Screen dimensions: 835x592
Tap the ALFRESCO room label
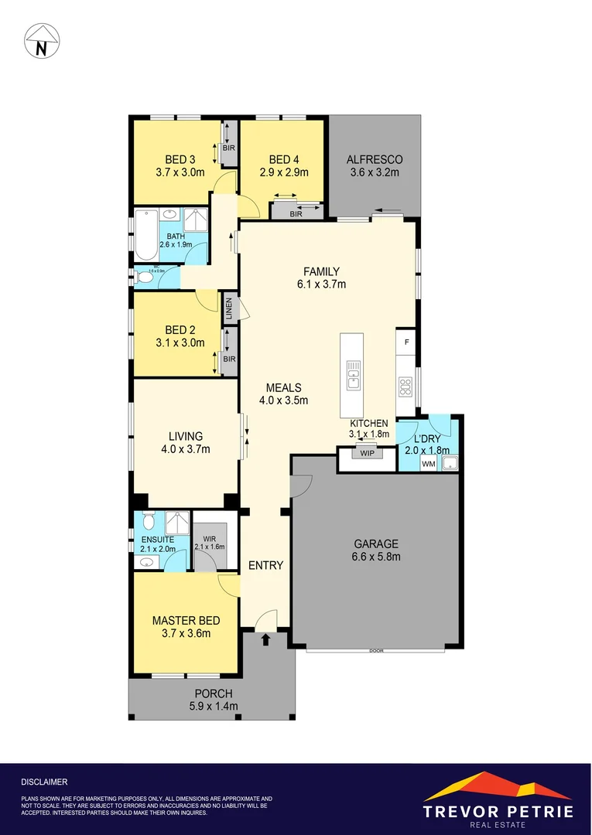[x=374, y=159]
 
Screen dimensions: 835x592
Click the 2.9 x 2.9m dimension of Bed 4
[x=283, y=172]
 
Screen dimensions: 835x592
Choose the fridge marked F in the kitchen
[x=406, y=340]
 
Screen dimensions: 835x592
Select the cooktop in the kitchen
[x=404, y=384]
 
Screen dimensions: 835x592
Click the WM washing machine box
[x=428, y=464]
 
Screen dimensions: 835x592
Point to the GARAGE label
[x=376, y=544]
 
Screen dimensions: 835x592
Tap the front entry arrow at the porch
[x=265, y=639]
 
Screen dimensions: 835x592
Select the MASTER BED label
[x=186, y=620]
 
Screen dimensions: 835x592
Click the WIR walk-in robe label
[x=209, y=539]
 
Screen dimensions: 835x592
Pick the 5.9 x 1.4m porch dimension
[x=214, y=706]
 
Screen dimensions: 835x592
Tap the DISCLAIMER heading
[x=44, y=782]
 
